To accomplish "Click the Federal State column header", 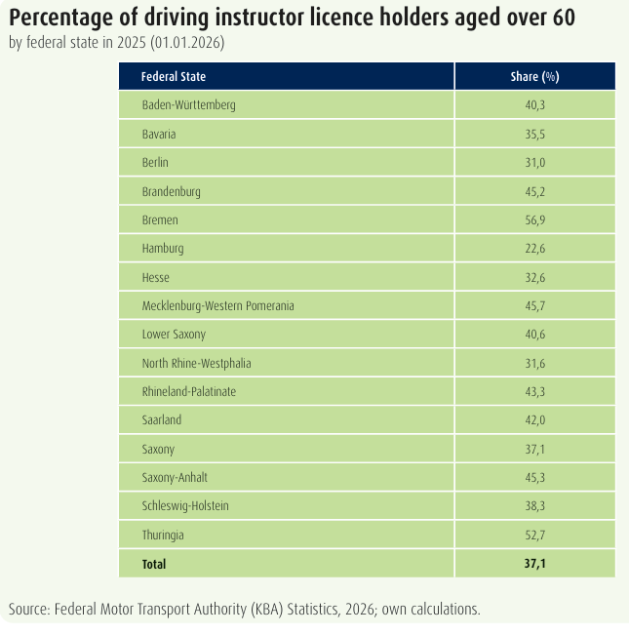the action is coord(174,76).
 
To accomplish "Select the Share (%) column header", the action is coord(534,76).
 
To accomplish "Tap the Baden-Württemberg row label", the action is coord(188,105).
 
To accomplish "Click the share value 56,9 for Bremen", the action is coord(535,219).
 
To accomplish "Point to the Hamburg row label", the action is coord(163,249).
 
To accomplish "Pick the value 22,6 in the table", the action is coord(535,249).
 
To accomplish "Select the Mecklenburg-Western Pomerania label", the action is coord(217,305).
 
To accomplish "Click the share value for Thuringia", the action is coord(535,535).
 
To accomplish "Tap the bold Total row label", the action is coord(154,564).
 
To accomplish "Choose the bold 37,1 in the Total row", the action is coord(535,564).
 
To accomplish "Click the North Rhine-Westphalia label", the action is coord(196,363).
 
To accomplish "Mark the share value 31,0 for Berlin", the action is coord(535,162).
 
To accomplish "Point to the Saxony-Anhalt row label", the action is coord(175,477).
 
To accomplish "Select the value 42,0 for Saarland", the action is coord(535,420).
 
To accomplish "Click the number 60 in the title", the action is coord(564,18).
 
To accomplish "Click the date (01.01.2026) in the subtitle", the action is coord(187,42).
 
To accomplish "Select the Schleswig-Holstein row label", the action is coord(185,506).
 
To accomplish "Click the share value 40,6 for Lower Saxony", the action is coord(535,335).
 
